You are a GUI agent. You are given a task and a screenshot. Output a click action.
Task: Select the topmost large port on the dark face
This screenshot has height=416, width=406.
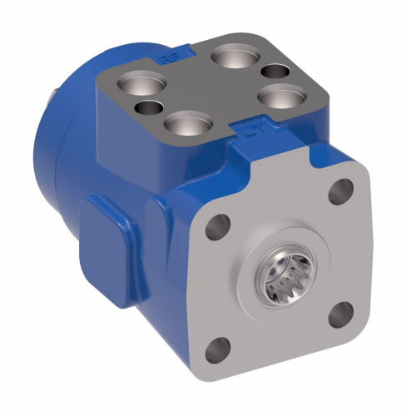pyautogui.click(x=230, y=58)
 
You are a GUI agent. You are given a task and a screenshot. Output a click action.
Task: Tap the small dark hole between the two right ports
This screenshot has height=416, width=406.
pyautogui.click(x=257, y=73)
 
